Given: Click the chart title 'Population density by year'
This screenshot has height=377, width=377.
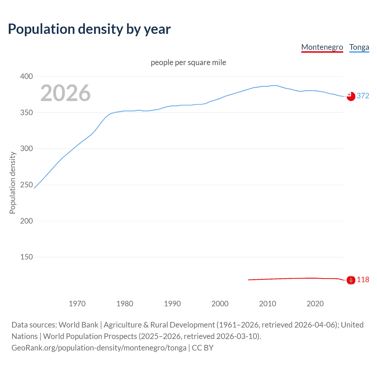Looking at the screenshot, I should pyautogui.click(x=89, y=29).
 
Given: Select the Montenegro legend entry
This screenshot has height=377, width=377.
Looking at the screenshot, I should pyautogui.click(x=322, y=47).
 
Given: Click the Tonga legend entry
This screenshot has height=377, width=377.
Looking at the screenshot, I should pyautogui.click(x=359, y=47).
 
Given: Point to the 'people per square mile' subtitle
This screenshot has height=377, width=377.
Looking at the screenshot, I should pyautogui.click(x=188, y=62).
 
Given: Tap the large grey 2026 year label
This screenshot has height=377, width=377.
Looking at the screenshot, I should pyautogui.click(x=65, y=93).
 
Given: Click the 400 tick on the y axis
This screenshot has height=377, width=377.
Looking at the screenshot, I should pyautogui.click(x=27, y=77).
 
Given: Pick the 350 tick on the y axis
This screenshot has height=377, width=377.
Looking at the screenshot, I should pyautogui.click(x=27, y=113).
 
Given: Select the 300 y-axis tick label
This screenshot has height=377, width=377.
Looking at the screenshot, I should pyautogui.click(x=27, y=149).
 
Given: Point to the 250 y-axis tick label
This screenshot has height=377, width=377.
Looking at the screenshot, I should pyautogui.click(x=27, y=185).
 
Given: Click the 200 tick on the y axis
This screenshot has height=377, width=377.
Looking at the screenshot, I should pyautogui.click(x=27, y=221).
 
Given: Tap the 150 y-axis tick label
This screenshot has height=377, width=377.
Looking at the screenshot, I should pyautogui.click(x=27, y=257).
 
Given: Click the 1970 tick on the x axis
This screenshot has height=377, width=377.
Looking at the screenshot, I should pyautogui.click(x=77, y=304).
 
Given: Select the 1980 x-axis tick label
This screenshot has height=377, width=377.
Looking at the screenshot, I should pyautogui.click(x=125, y=304).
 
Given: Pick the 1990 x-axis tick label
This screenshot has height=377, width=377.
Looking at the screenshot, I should pyautogui.click(x=172, y=304).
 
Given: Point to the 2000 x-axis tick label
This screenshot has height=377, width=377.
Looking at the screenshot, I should pyautogui.click(x=220, y=304).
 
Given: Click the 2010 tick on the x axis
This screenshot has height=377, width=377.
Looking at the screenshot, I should pyautogui.click(x=267, y=304).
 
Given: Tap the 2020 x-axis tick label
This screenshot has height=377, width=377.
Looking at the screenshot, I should pyautogui.click(x=315, y=304).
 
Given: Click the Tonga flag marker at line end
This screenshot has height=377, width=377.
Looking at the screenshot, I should pyautogui.click(x=351, y=96).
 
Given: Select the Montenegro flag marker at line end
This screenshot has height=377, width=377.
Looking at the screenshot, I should pyautogui.click(x=351, y=280).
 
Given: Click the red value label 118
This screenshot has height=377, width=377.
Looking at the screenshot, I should pyautogui.click(x=363, y=280).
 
